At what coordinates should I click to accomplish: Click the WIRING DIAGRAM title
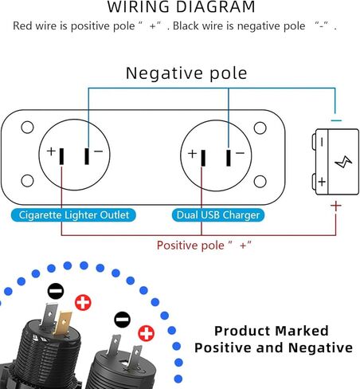(x=181, y=6)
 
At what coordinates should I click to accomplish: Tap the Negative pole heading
(x=186, y=73)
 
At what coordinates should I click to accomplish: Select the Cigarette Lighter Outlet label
(x=73, y=215)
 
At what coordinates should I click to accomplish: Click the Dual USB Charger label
(x=218, y=215)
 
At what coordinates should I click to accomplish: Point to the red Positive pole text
(x=204, y=245)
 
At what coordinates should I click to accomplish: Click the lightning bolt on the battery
(x=343, y=162)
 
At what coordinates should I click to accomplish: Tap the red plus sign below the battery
(x=336, y=206)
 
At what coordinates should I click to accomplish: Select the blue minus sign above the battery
(x=336, y=120)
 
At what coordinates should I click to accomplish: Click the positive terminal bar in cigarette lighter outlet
(x=61, y=156)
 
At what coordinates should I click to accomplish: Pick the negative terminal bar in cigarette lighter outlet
(x=87, y=156)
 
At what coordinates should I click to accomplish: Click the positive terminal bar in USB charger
(x=203, y=158)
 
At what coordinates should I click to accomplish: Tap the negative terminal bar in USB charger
(x=229, y=158)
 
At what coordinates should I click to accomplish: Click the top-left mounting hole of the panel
(x=27, y=128)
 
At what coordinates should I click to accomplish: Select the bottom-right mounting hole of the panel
(x=260, y=182)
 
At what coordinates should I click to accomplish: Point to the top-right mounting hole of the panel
(x=260, y=128)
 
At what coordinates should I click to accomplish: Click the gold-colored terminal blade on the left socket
(x=62, y=324)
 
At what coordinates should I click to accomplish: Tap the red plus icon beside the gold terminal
(x=83, y=302)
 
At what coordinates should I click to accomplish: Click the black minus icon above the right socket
(x=122, y=320)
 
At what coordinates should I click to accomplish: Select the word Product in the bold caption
(x=244, y=331)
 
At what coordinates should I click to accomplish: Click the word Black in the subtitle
(x=186, y=26)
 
